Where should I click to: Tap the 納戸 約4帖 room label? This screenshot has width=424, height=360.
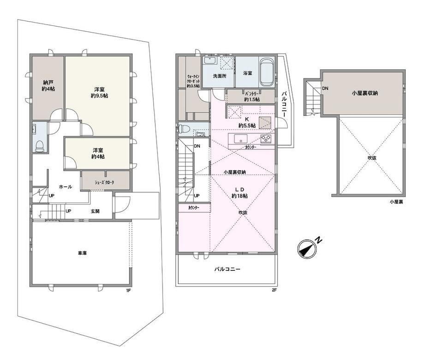click(x=48, y=85)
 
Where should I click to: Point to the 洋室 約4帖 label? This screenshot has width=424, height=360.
click(x=98, y=153)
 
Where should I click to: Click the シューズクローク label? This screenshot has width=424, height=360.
click(x=104, y=182)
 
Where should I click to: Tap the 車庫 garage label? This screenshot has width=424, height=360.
click(x=82, y=253)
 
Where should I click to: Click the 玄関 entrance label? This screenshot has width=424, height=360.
click(x=95, y=211)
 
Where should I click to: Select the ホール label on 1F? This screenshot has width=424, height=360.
click(x=65, y=186)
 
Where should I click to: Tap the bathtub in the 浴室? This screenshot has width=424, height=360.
click(x=267, y=72)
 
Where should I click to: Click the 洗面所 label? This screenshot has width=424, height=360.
click(x=220, y=76)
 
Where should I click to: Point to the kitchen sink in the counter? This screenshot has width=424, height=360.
click(x=241, y=139)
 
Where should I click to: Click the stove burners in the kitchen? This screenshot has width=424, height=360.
click(x=266, y=139)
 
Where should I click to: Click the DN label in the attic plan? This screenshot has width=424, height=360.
click(x=325, y=88)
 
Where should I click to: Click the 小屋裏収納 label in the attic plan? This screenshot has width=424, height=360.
click(x=364, y=93)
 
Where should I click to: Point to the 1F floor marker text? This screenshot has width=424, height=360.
click(x=128, y=291)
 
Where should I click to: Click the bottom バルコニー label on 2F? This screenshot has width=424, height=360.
click(x=227, y=270)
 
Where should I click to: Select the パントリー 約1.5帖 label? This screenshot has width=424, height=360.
click(x=252, y=96)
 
